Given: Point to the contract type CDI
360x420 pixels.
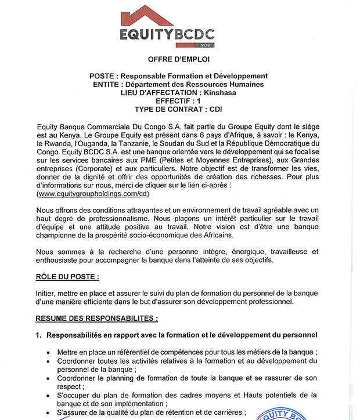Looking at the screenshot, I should pyautogui.click(x=214, y=108).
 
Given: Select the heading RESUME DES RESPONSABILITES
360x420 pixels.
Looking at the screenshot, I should pyautogui.click(x=97, y=318).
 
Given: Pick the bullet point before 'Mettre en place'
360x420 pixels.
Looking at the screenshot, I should pyautogui.click(x=46, y=352).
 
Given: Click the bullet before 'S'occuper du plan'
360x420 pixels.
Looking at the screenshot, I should pyautogui.click(x=46, y=395).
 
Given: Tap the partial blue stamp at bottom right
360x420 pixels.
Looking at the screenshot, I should pyautogui.click(x=285, y=414).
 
